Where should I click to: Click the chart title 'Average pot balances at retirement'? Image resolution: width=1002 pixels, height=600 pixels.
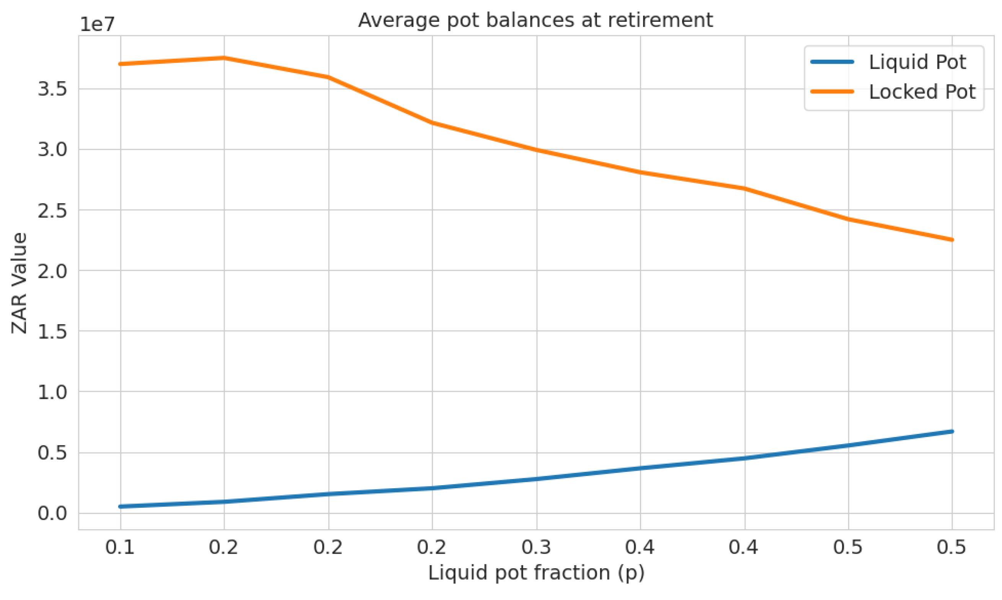coord(535,20)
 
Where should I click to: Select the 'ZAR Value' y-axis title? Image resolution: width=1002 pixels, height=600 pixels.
coord(19,283)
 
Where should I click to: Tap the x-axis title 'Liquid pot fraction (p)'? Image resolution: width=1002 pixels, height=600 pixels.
coord(536,573)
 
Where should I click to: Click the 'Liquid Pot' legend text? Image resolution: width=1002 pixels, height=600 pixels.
coord(917,62)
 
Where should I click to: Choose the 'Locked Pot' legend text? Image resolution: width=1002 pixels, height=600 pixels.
coord(922,92)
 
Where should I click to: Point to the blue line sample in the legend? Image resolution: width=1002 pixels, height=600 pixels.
coord(832,62)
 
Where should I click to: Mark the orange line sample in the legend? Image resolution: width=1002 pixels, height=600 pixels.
coord(832,92)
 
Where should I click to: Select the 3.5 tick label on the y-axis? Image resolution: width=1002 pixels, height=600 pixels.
coord(52,90)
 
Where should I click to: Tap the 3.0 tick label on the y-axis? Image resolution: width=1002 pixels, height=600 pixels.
coord(52,150)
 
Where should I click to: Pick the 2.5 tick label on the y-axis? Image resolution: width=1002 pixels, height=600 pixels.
coord(52,210)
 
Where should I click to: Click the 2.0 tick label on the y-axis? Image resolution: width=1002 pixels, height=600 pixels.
coord(52,271)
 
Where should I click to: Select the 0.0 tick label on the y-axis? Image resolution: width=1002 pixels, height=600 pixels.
coord(52,514)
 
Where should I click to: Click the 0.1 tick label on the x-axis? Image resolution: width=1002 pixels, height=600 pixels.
coord(120,548)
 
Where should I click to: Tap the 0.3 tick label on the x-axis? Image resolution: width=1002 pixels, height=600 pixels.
coord(536,548)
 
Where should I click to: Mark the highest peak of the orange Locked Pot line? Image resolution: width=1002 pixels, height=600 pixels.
coord(224,58)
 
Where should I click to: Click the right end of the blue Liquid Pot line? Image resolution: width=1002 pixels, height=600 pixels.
coord(952,432)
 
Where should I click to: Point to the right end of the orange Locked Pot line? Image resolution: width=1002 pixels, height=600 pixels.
coord(952,240)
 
